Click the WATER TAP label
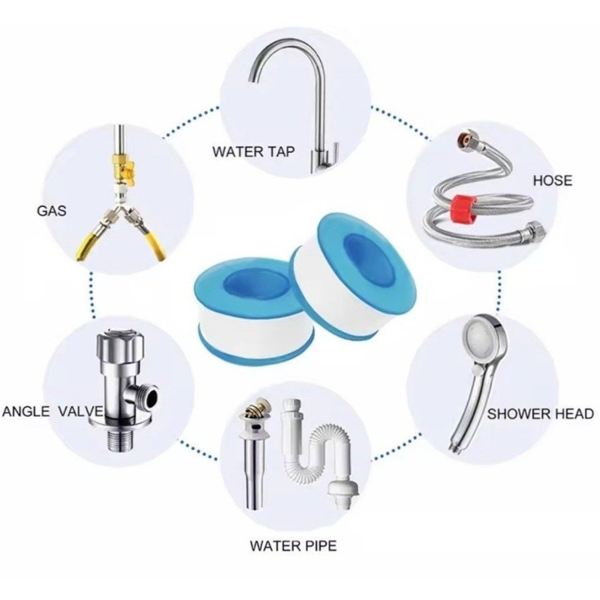pyautogui.click(x=254, y=151)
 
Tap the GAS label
pyautogui.click(x=51, y=211)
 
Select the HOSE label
pyautogui.click(x=553, y=180)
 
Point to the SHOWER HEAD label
pyautogui.click(x=540, y=413)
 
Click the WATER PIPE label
pyautogui.click(x=293, y=545)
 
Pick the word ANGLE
pyautogui.click(x=26, y=411)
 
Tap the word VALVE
pyautogui.click(x=81, y=411)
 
